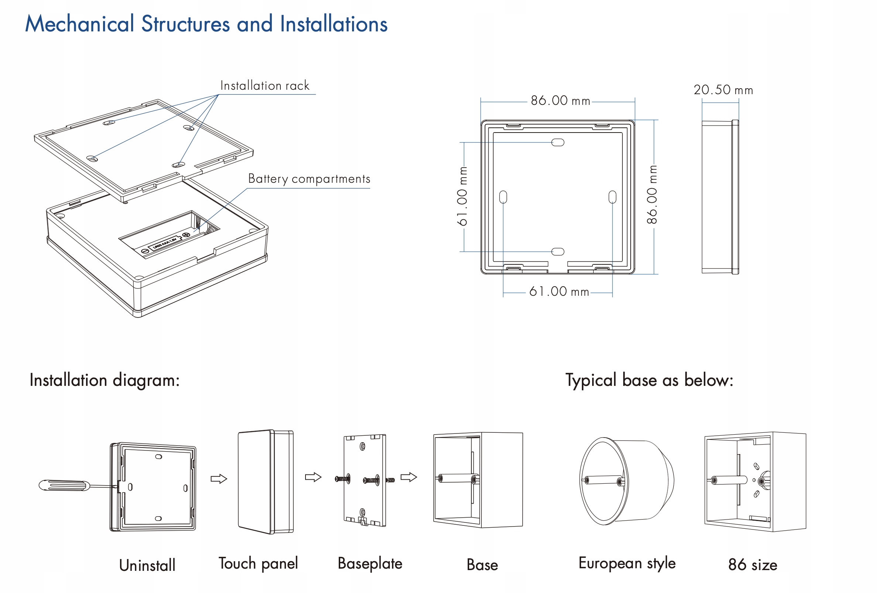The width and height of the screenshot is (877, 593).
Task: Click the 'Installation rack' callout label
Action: click(265, 86)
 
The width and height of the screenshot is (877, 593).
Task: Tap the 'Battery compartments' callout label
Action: click(309, 179)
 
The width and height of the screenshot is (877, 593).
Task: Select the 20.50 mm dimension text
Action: click(723, 90)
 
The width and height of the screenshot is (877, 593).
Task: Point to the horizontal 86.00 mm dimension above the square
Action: click(560, 101)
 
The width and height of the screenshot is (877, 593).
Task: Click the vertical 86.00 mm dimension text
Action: click(652, 194)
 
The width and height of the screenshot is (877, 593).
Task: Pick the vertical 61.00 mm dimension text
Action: click(462, 196)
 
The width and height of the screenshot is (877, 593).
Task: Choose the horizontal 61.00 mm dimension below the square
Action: click(559, 292)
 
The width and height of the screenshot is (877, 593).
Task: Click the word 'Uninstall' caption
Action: click(147, 565)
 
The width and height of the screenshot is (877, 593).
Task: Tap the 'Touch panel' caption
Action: click(258, 563)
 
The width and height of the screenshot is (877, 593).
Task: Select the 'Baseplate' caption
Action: click(370, 563)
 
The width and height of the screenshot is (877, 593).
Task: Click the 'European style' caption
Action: click(627, 563)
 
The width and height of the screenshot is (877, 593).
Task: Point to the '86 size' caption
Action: click(753, 565)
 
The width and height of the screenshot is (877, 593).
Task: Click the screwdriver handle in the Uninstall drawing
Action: click(64, 485)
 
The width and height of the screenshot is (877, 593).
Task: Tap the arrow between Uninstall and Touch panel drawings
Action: click(219, 479)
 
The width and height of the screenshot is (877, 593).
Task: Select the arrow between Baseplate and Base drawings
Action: click(409, 477)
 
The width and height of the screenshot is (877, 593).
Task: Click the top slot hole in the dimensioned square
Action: click(558, 143)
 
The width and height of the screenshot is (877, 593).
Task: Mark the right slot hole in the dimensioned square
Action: click(612, 197)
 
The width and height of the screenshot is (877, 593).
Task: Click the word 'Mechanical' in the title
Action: click(80, 24)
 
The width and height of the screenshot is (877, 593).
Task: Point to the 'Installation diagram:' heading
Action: click(105, 380)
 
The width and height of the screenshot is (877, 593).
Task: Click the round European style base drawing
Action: click(627, 481)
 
